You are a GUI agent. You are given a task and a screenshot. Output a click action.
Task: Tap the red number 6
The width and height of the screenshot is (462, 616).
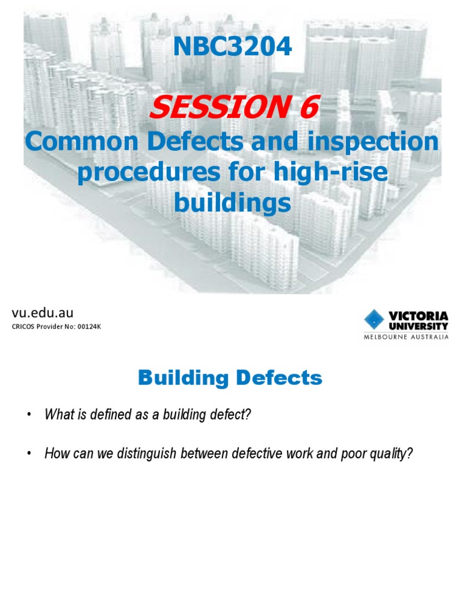(x=305, y=108)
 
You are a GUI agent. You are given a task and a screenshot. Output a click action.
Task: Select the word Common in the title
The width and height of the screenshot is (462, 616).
(x=66, y=143)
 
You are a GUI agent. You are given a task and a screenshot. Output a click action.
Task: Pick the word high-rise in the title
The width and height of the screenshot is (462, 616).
(x=330, y=173)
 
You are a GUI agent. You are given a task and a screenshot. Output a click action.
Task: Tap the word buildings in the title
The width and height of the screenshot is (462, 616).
(x=232, y=203)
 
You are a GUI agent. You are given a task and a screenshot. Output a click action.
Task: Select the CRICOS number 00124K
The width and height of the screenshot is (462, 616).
(x=80, y=327)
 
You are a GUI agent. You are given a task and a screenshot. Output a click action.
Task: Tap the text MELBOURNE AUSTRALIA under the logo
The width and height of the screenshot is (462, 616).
(x=405, y=337)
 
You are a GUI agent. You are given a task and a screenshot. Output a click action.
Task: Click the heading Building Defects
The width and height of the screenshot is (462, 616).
(x=230, y=378)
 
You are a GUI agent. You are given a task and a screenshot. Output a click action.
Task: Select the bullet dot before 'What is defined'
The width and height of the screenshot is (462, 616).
(x=28, y=415)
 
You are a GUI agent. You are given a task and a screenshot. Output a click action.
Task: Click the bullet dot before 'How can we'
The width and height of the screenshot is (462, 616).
(x=28, y=454)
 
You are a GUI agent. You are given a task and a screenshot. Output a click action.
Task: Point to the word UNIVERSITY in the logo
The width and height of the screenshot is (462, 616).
(x=418, y=325)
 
